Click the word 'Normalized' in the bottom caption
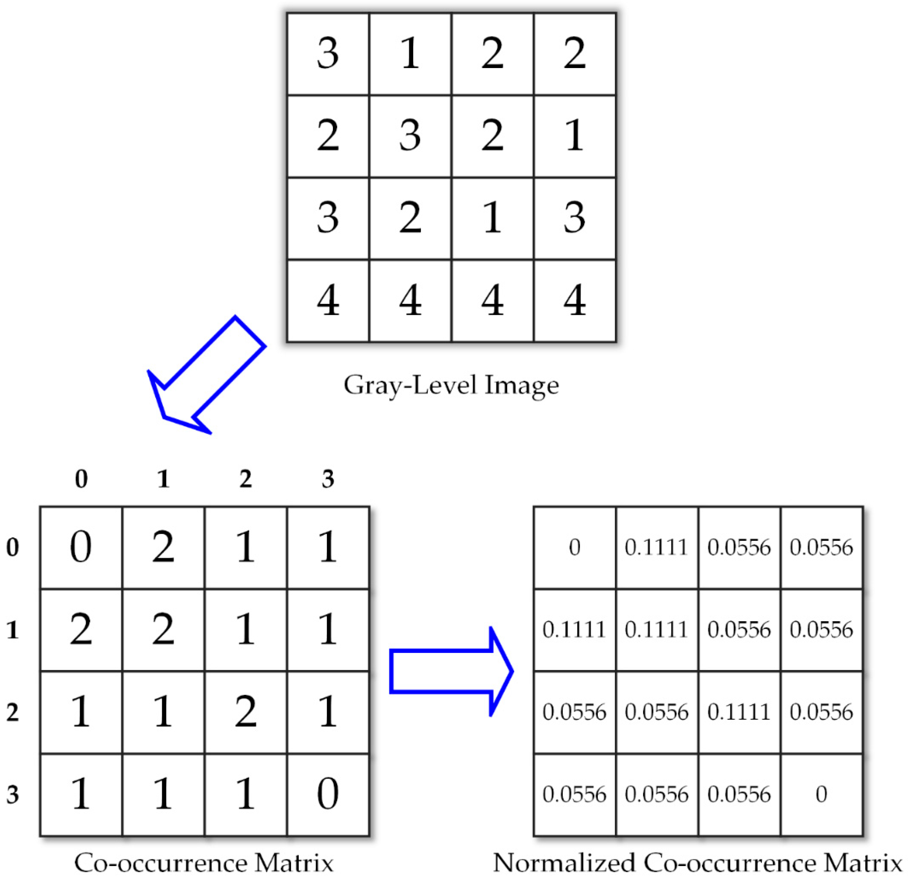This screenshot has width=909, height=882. [x=564, y=863]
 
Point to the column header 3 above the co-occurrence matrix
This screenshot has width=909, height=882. [x=328, y=479]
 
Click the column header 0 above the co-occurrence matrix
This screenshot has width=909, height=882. [x=81, y=479]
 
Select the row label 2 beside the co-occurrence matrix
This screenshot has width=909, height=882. [x=13, y=712]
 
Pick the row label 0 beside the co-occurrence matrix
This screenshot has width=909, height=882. [x=13, y=547]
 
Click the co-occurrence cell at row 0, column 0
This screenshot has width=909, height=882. [x=81, y=547]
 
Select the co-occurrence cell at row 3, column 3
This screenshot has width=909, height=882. [x=328, y=794]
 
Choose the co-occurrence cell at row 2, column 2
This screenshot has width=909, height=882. [x=245, y=712]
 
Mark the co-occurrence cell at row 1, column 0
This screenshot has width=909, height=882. [x=81, y=630]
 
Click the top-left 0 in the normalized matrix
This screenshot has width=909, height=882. [x=574, y=547]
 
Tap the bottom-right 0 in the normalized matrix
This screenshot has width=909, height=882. [x=821, y=794]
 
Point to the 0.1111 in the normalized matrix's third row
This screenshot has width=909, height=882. [x=739, y=712]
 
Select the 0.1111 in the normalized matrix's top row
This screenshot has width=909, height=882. [x=656, y=547]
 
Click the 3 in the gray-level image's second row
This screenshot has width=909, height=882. [x=410, y=136]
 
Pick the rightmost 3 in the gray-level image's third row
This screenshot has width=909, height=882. [x=574, y=218]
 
